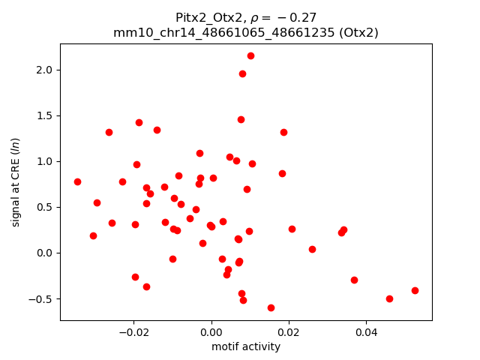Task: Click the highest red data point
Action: tap(250, 55)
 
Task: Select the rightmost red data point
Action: tap(415, 290)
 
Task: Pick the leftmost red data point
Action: tap(77, 181)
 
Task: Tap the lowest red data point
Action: tap(271, 307)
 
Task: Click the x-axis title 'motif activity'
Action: tap(246, 346)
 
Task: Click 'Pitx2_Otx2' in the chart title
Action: tap(203, 17)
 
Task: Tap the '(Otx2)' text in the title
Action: tap(358, 32)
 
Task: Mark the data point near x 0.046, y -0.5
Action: tap(389, 298)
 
